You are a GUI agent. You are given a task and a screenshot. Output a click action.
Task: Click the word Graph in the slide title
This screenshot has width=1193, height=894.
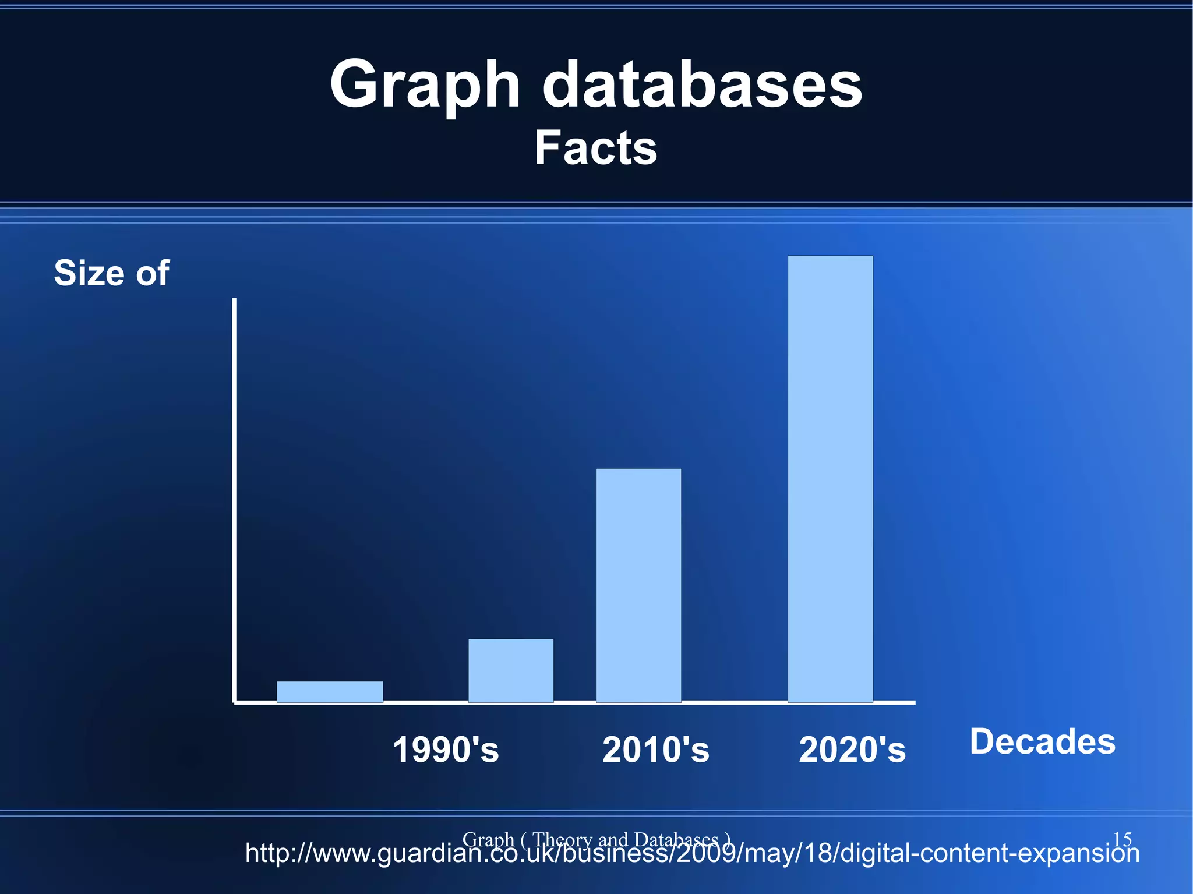(425, 84)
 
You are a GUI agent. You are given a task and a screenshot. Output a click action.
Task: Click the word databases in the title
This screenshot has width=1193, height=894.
(702, 84)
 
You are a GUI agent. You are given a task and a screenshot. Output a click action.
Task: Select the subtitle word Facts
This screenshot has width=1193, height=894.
(596, 148)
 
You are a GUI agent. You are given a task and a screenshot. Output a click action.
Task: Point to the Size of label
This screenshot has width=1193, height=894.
(111, 273)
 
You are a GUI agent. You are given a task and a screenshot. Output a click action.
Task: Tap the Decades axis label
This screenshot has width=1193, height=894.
(1042, 741)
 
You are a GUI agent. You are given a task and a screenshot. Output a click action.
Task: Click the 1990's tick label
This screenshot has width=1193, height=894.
(446, 750)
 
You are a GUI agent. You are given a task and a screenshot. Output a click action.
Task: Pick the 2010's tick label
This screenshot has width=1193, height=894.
(655, 750)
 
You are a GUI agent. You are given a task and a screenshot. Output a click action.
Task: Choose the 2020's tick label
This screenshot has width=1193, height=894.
(852, 750)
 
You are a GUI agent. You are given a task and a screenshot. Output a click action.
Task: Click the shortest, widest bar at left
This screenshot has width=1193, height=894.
(330, 692)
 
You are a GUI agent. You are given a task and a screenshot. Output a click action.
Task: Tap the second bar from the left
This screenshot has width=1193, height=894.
(511, 670)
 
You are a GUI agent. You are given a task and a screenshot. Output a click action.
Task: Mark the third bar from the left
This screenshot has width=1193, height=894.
(638, 585)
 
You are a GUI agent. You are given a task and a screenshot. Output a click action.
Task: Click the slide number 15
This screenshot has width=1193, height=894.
(1122, 839)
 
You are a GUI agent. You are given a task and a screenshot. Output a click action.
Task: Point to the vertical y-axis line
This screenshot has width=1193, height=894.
(234, 501)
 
